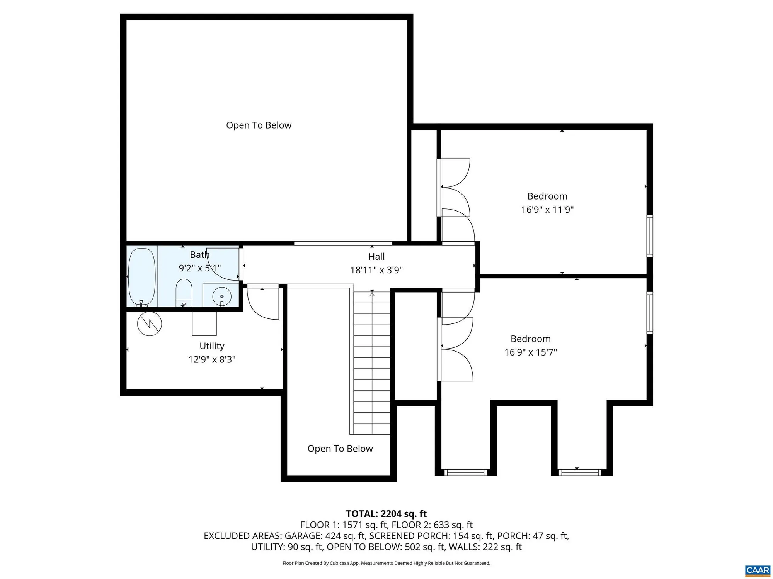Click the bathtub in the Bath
[x=142, y=277]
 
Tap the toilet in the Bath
[x=184, y=292]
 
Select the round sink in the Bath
[x=222, y=296]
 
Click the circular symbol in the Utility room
[x=150, y=323]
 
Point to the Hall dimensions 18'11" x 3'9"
[x=376, y=270]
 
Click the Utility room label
[x=212, y=346]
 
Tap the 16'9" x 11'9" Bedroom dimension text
[x=547, y=210]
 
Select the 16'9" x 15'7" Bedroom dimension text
[x=530, y=352]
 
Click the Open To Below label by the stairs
[x=340, y=449]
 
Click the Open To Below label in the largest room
[x=259, y=125]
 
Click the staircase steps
[x=372, y=363]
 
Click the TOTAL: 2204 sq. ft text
[x=386, y=514]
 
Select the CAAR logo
[x=758, y=571]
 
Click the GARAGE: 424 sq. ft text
[x=325, y=536]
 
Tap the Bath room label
[x=199, y=255]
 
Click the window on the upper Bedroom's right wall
[x=650, y=236]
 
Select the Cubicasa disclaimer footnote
[x=386, y=563]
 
